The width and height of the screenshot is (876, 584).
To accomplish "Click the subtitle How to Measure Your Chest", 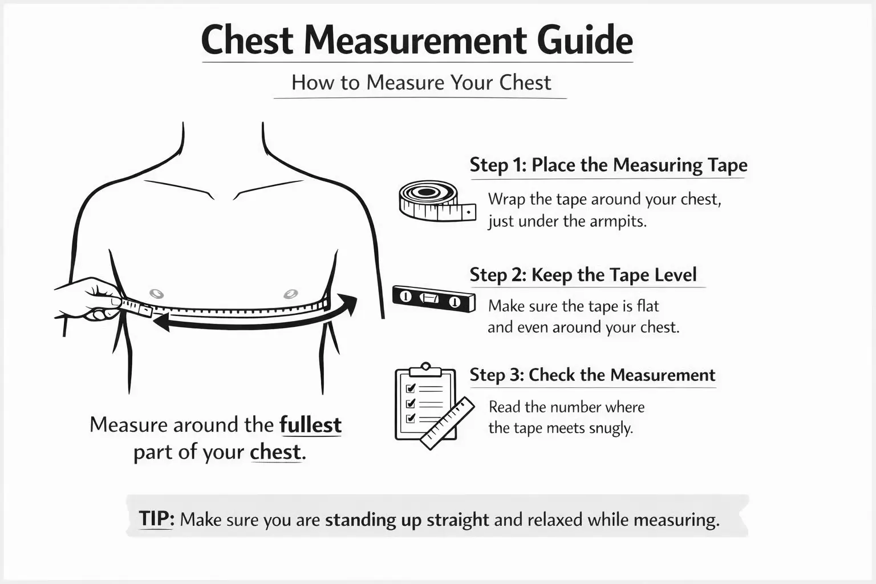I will pyautogui.click(x=421, y=83).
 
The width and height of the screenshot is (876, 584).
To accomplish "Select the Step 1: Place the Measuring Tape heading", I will pyautogui.click(x=608, y=165).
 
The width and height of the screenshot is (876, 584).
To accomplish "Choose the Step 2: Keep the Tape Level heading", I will pyautogui.click(x=583, y=275).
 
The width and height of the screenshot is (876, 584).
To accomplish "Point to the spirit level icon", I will pyautogui.click(x=433, y=298).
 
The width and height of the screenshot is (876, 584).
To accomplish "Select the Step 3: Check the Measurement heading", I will pyautogui.click(x=592, y=375).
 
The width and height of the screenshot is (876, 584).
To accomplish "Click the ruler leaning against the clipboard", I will pyautogui.click(x=448, y=423).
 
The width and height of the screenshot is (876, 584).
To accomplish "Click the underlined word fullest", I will pyautogui.click(x=310, y=425).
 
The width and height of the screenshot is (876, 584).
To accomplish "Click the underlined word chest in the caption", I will pyautogui.click(x=275, y=452).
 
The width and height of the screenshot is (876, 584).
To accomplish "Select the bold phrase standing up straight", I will pyautogui.click(x=407, y=520).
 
